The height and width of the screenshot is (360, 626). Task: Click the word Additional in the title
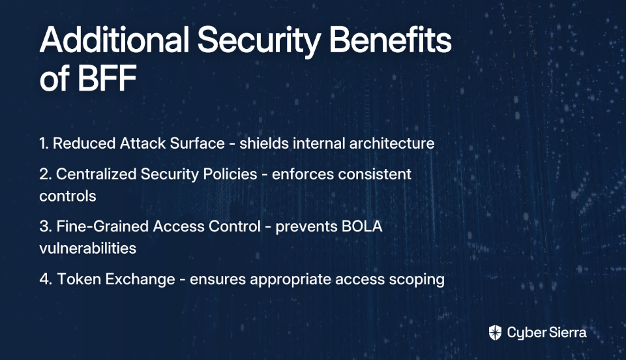click(114, 40)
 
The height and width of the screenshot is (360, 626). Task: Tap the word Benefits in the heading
click(390, 40)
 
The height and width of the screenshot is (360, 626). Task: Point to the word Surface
click(197, 143)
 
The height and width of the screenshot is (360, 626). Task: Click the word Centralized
click(97, 174)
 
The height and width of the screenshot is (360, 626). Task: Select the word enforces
click(305, 174)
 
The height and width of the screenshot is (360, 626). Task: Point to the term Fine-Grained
click(102, 226)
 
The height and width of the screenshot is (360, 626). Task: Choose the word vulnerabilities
click(88, 248)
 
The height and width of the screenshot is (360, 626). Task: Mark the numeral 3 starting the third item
click(44, 226)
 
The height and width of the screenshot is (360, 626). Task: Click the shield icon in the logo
click(495, 333)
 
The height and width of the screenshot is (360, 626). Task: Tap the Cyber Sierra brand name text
click(547, 333)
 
